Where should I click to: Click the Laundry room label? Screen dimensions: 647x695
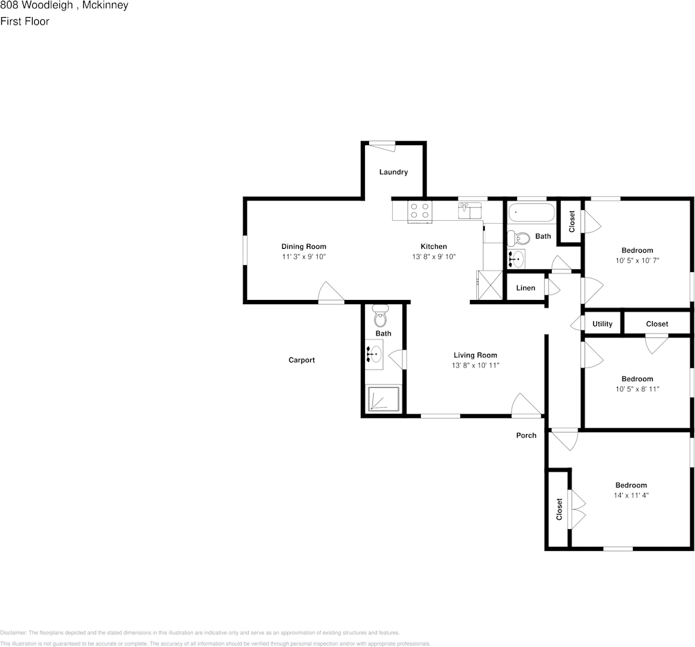394,172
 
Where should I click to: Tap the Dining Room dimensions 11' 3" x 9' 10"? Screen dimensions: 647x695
304,257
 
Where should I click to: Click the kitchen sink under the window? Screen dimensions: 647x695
469,209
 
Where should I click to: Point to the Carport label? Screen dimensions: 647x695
301,360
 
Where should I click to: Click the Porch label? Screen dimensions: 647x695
526,435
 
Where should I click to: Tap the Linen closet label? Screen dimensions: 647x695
525,288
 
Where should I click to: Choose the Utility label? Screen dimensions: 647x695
602,324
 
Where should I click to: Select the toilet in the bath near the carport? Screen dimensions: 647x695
381,317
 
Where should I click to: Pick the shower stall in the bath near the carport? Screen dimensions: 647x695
383,400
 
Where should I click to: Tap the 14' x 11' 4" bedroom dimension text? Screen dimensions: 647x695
631,496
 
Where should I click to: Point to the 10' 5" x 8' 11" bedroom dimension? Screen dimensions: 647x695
637,389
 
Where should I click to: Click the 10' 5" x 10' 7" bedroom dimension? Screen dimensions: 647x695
637,260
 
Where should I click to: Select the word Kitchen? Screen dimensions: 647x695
434,246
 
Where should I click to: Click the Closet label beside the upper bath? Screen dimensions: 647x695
572,220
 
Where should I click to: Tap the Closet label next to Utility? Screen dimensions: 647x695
657,324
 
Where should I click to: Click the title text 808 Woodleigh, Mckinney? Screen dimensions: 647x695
64,5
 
